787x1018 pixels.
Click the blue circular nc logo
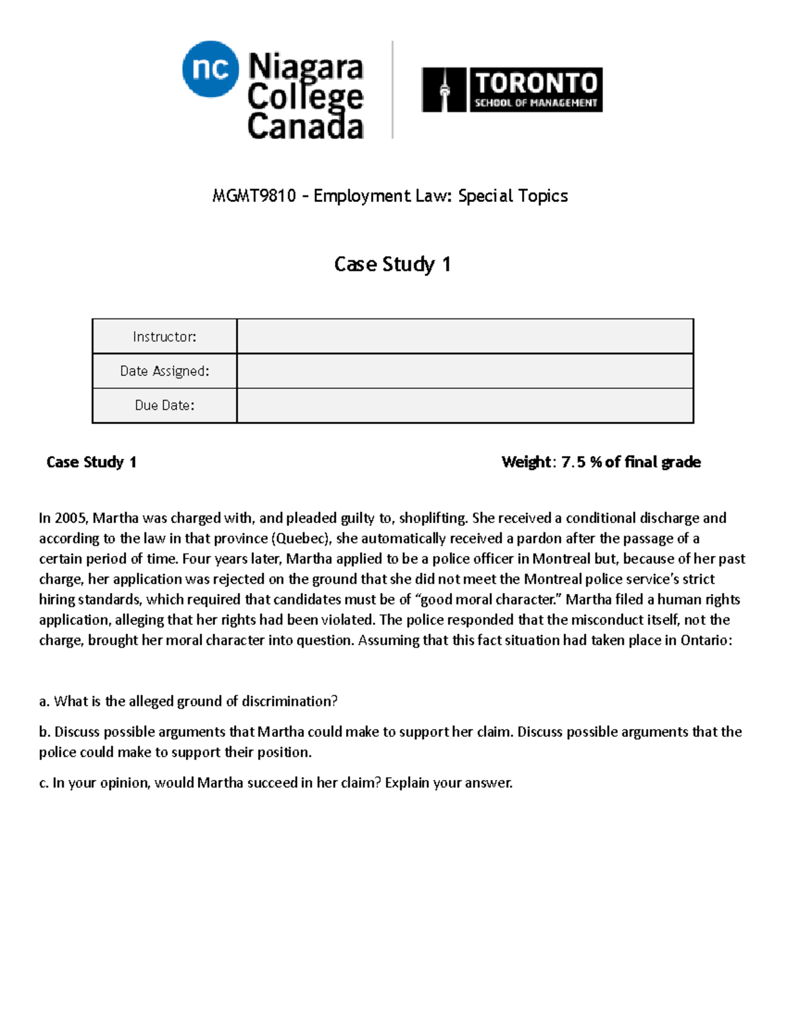210,68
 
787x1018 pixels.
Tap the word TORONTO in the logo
536,83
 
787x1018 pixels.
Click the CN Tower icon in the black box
444,90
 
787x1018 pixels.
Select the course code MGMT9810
254,196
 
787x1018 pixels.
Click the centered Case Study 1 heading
392,264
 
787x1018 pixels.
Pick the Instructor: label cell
165,337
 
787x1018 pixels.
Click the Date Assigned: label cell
165,371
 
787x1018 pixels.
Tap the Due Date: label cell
165,405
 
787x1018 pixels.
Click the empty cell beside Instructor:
464,337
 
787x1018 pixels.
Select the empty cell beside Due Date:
464,405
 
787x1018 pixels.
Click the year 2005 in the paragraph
70,518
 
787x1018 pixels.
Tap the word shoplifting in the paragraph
433,518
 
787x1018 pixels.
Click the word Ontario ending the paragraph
705,640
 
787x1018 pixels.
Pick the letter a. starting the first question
44,701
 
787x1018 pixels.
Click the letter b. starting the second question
44,732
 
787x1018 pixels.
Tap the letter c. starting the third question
43,783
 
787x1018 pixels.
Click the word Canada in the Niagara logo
305,127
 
